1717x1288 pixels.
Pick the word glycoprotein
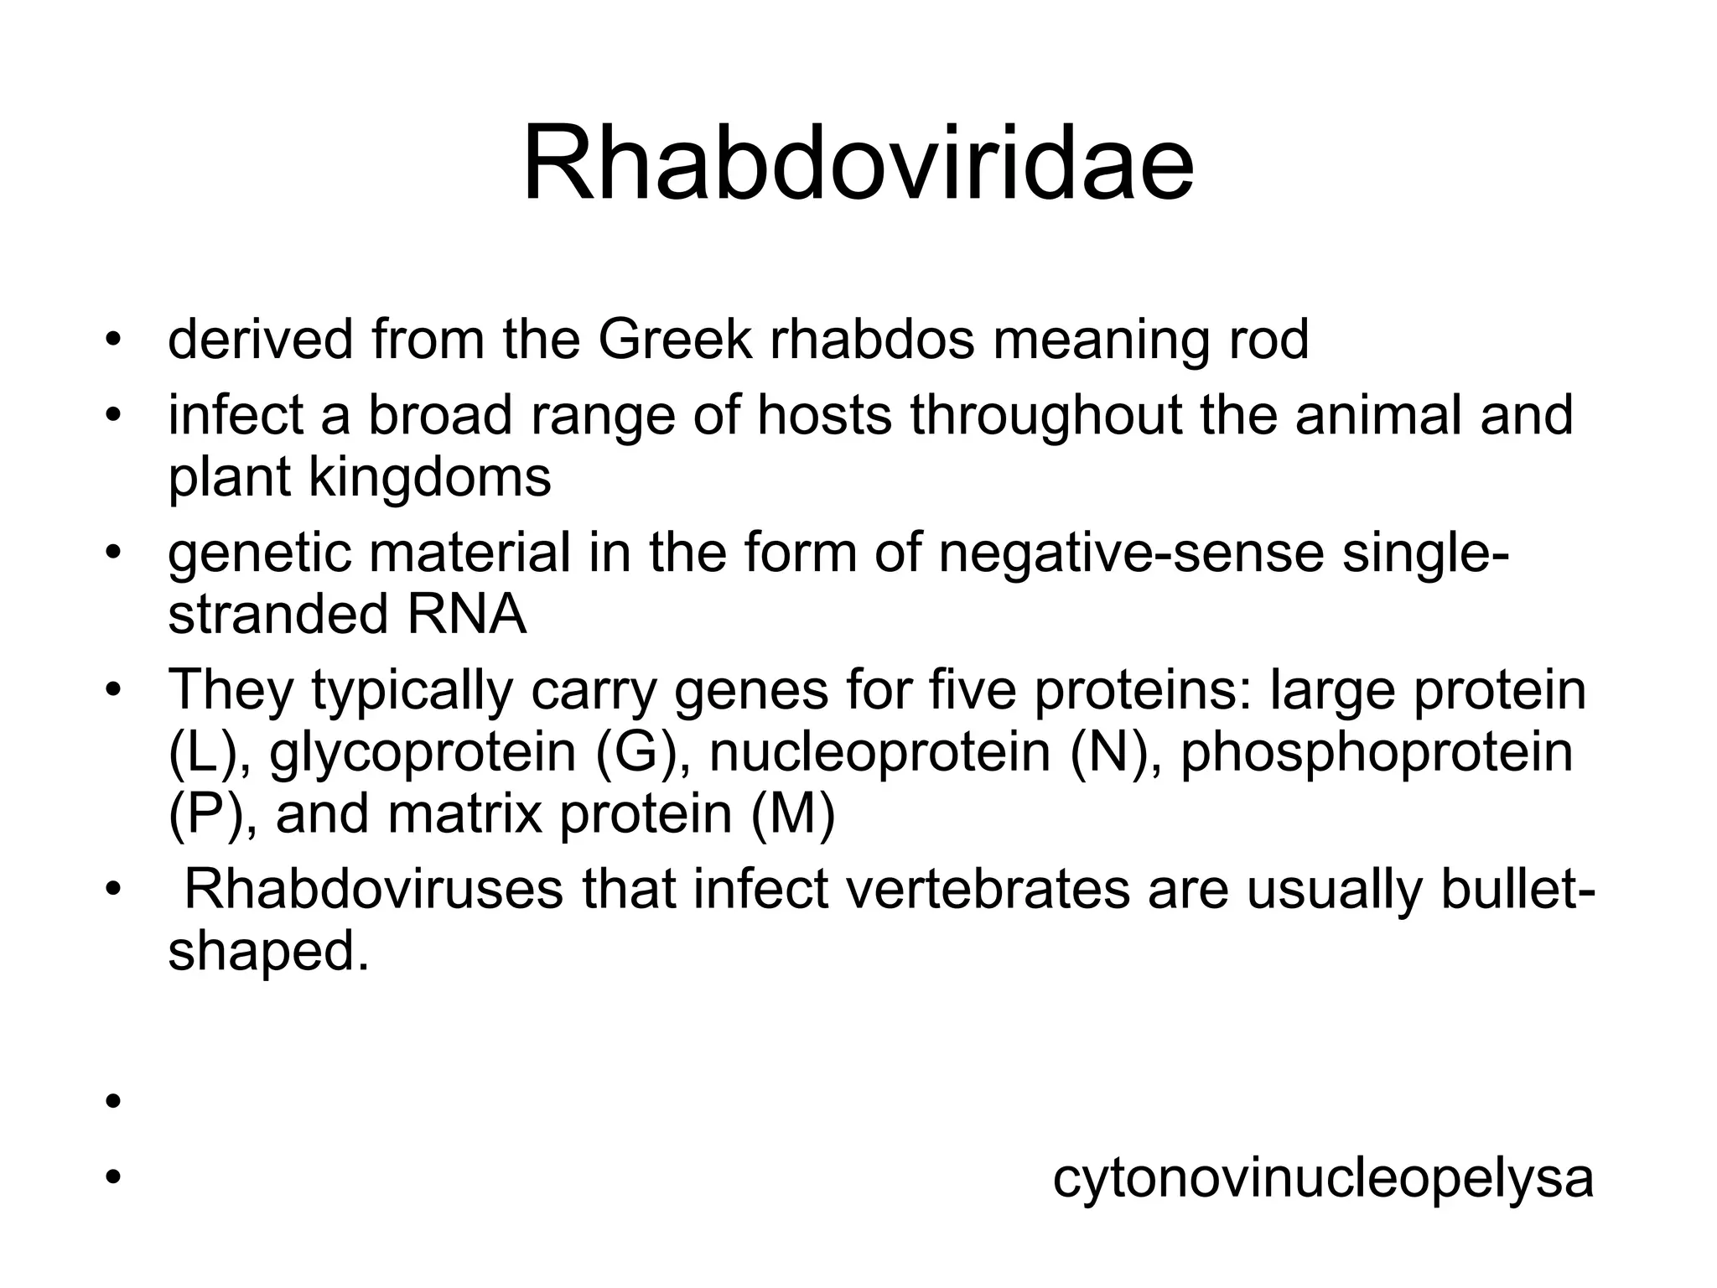click(x=423, y=752)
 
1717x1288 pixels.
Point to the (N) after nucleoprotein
click(x=1107, y=752)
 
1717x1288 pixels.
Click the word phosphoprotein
click(x=1377, y=752)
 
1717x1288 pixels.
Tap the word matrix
click(x=465, y=813)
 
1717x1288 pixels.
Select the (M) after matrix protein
click(x=792, y=813)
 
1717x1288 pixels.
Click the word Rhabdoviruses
click(x=373, y=890)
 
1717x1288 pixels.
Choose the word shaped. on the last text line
click(x=268, y=952)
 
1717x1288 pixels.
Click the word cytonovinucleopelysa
click(x=1322, y=1178)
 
